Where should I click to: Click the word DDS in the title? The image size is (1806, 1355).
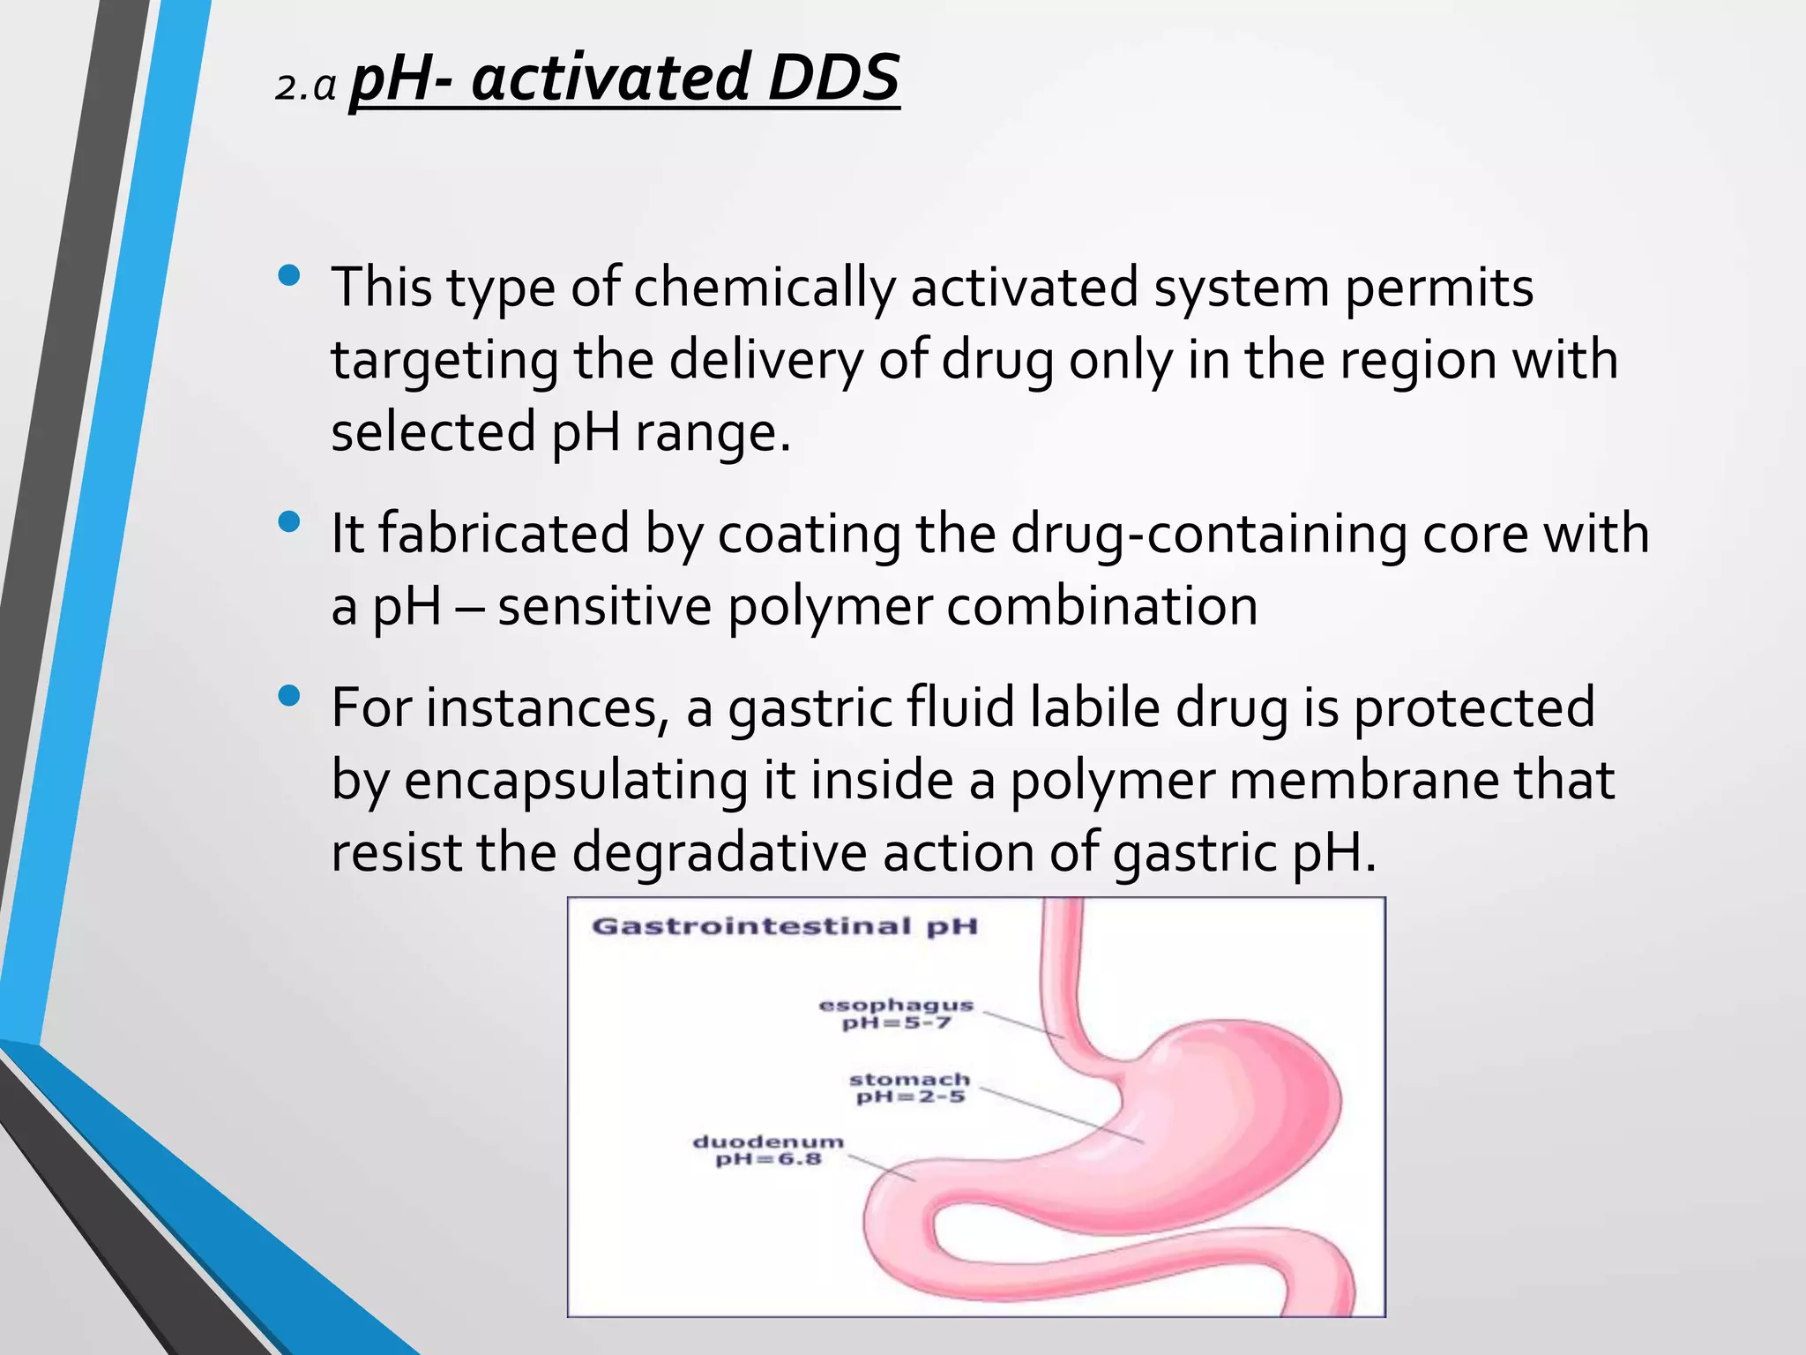[833, 78]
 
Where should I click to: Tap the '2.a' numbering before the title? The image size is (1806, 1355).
[305, 87]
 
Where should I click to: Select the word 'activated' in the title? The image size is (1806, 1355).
[609, 78]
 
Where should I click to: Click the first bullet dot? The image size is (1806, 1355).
[288, 276]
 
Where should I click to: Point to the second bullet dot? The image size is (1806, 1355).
[288, 522]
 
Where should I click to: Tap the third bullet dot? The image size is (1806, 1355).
[288, 697]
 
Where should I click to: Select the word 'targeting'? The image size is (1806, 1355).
[444, 361]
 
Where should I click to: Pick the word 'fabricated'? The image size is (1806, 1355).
[504, 534]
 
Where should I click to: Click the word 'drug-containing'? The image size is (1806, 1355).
[1206, 534]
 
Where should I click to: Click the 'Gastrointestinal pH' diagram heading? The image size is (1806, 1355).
[785, 926]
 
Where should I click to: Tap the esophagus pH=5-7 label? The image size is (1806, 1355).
[897, 1014]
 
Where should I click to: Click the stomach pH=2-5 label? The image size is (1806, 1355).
[910, 1088]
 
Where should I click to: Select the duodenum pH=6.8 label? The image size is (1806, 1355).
[768, 1149]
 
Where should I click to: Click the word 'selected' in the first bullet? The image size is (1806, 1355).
[433, 432]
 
